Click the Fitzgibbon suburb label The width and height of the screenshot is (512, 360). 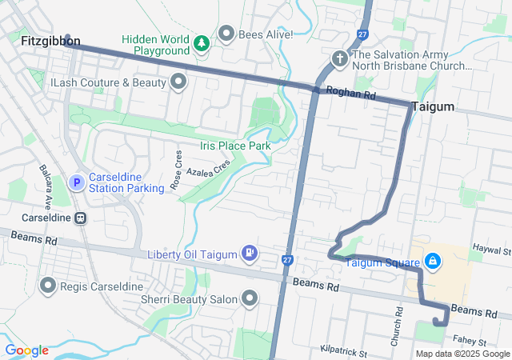click(x=50, y=40)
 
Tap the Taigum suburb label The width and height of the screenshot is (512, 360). click(x=433, y=106)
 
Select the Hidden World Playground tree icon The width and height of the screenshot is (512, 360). click(x=202, y=41)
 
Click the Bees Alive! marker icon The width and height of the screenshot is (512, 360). click(x=226, y=34)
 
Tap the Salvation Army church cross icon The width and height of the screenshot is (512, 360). click(x=339, y=58)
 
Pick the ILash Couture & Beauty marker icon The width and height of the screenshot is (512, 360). click(x=178, y=82)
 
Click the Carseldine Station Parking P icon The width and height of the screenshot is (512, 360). click(x=77, y=183)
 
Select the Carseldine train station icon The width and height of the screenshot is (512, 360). click(x=80, y=218)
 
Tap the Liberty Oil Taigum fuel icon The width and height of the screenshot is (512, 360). click(x=250, y=254)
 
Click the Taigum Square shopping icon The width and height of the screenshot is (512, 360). click(x=432, y=261)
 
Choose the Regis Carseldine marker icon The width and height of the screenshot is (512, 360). click(x=47, y=286)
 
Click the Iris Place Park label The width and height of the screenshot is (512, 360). click(x=236, y=146)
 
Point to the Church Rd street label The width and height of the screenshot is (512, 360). click(x=397, y=328)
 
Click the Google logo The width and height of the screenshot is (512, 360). click(x=26, y=350)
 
